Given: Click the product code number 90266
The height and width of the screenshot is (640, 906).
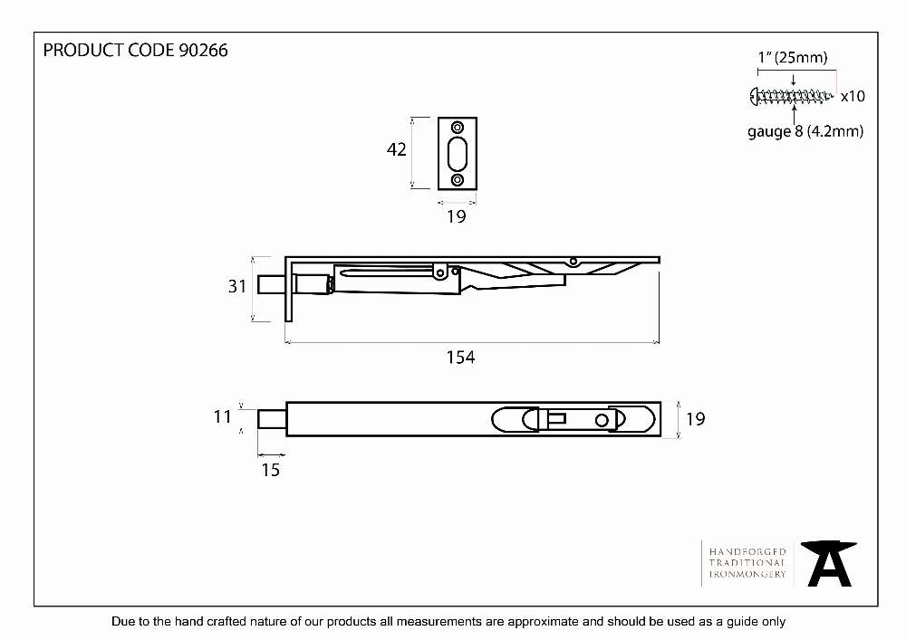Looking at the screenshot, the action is click(x=203, y=51).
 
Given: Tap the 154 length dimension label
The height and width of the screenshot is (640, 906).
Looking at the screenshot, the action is click(x=460, y=358).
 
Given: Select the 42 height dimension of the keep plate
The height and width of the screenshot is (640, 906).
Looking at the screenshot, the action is click(x=397, y=149).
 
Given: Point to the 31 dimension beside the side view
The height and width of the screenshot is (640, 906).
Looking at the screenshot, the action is click(x=236, y=286).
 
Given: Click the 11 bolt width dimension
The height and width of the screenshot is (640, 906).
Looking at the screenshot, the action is click(x=223, y=416).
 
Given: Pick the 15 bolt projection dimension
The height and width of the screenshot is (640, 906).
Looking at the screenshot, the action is click(x=270, y=471).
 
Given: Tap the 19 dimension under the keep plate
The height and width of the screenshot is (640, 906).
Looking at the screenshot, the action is click(x=457, y=216).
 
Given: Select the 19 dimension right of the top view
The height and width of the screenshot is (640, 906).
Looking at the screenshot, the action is click(x=695, y=419).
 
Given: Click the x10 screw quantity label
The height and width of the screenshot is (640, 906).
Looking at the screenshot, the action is click(x=853, y=96).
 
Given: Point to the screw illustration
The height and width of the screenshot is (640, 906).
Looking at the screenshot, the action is click(x=792, y=96).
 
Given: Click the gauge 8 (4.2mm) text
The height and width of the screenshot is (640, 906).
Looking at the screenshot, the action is click(x=805, y=131).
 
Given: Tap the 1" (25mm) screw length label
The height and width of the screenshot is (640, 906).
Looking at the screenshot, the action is click(x=793, y=58).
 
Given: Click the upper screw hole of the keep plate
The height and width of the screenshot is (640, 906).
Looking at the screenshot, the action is click(x=457, y=128).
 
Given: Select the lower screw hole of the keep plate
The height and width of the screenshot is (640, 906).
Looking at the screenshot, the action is click(x=457, y=180).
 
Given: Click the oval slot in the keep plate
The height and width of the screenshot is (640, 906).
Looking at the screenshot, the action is click(x=457, y=154).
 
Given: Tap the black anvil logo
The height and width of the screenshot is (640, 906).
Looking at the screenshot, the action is click(x=829, y=564).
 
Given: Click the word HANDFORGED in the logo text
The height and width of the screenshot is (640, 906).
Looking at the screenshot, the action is click(x=747, y=551).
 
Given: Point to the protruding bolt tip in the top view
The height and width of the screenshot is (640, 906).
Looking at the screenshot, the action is click(x=272, y=419).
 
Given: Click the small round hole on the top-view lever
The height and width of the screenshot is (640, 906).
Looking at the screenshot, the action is click(x=602, y=420).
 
